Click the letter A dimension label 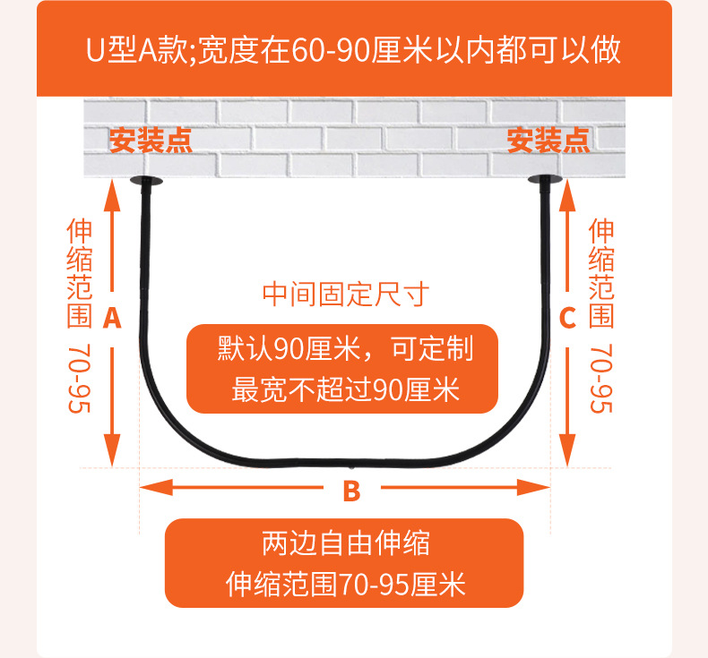(112, 318)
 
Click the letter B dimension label (351, 491)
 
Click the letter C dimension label (567, 318)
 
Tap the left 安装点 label (151, 141)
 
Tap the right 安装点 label (548, 141)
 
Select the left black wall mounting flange (146, 183)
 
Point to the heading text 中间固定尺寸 (346, 294)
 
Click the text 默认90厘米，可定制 (345, 348)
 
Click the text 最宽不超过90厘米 (345, 389)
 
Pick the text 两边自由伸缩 (345, 543)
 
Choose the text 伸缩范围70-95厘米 (345, 585)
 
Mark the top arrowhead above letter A (112, 192)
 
